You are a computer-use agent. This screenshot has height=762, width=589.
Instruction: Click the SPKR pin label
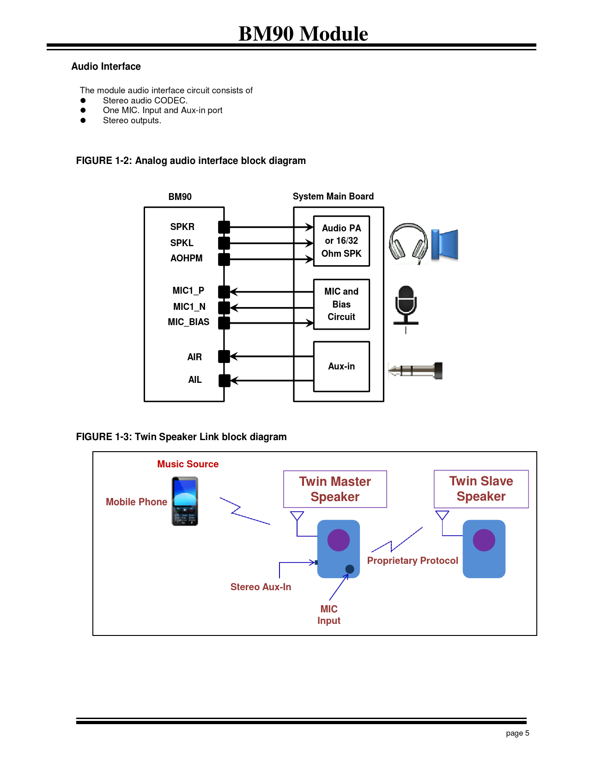[182, 227]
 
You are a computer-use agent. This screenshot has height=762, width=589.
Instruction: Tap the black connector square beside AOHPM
[224, 259]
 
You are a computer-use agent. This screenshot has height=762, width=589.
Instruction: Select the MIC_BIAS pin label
[188, 322]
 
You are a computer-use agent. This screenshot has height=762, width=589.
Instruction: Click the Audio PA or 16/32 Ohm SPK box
[341, 241]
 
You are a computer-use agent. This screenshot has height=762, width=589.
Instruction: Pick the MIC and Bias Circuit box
[341, 304]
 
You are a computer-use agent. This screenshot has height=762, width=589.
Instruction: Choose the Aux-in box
[341, 367]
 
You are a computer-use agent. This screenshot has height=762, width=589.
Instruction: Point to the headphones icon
[408, 243]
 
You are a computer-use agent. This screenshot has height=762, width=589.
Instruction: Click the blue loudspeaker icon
[444, 244]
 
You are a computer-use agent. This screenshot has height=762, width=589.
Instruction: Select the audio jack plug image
[416, 370]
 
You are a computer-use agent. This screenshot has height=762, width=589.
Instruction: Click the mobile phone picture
[185, 501]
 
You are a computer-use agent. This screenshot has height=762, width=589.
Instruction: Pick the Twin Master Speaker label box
[335, 489]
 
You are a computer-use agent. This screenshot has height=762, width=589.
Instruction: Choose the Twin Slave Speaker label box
[481, 489]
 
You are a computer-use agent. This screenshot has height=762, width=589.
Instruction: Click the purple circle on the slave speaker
[484, 540]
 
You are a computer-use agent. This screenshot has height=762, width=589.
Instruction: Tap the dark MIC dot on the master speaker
[350, 569]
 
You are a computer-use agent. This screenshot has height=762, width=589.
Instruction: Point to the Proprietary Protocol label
[413, 561]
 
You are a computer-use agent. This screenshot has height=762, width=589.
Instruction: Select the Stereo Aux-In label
[261, 587]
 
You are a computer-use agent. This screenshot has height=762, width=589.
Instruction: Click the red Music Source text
[188, 464]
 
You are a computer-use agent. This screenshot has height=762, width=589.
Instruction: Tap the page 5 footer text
[517, 733]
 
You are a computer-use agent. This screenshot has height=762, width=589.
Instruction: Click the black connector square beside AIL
[224, 381]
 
